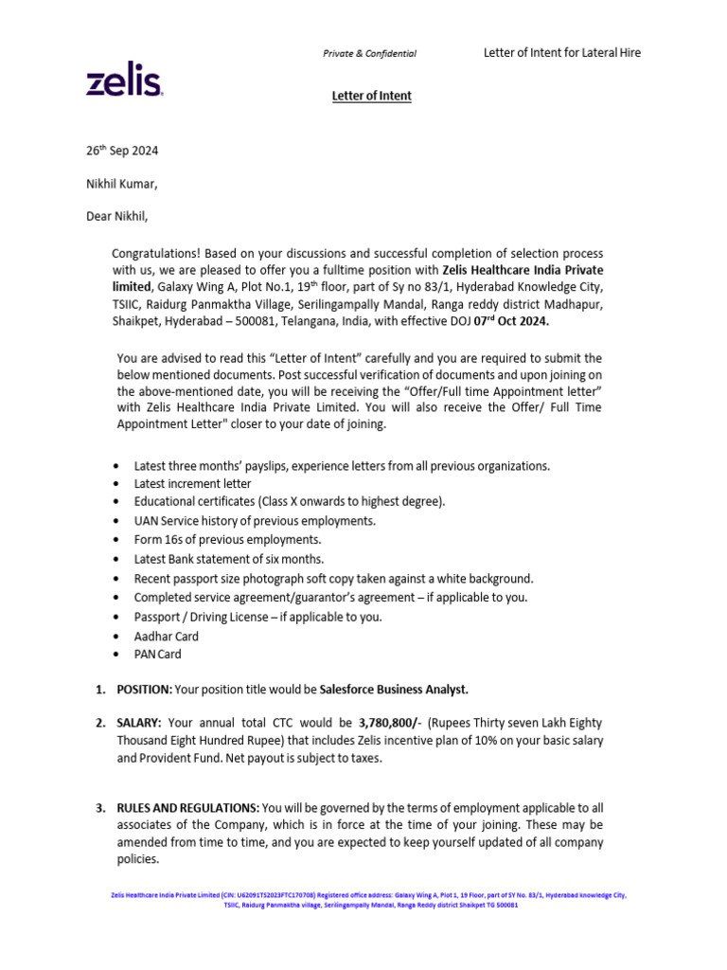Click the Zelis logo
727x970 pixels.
[125, 82]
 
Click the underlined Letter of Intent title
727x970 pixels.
[371, 96]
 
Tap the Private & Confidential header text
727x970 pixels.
[369, 54]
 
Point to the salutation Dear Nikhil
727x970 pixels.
[117, 216]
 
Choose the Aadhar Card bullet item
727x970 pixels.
[166, 637]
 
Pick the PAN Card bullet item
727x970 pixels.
[157, 654]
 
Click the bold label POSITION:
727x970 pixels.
[145, 689]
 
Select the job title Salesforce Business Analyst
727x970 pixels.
[394, 689]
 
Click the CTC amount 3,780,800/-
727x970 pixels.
[390, 723]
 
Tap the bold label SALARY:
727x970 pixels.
[139, 723]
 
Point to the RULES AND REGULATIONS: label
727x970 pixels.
[187, 807]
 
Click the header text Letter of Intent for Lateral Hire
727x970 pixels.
[562, 53]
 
